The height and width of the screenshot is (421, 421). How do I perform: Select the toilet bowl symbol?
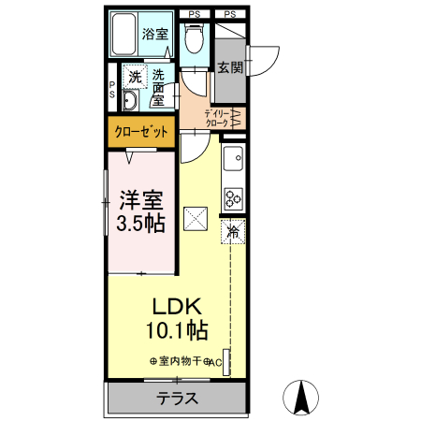(194, 38)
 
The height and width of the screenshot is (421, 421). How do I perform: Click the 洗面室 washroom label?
(159, 87)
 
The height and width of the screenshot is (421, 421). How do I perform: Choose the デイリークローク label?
(210, 118)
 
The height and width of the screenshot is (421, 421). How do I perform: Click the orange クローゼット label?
(141, 132)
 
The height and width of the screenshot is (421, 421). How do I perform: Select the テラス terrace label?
(175, 399)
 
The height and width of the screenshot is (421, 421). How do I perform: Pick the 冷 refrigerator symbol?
(231, 230)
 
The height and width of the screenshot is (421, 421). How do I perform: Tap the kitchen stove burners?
(232, 197)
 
